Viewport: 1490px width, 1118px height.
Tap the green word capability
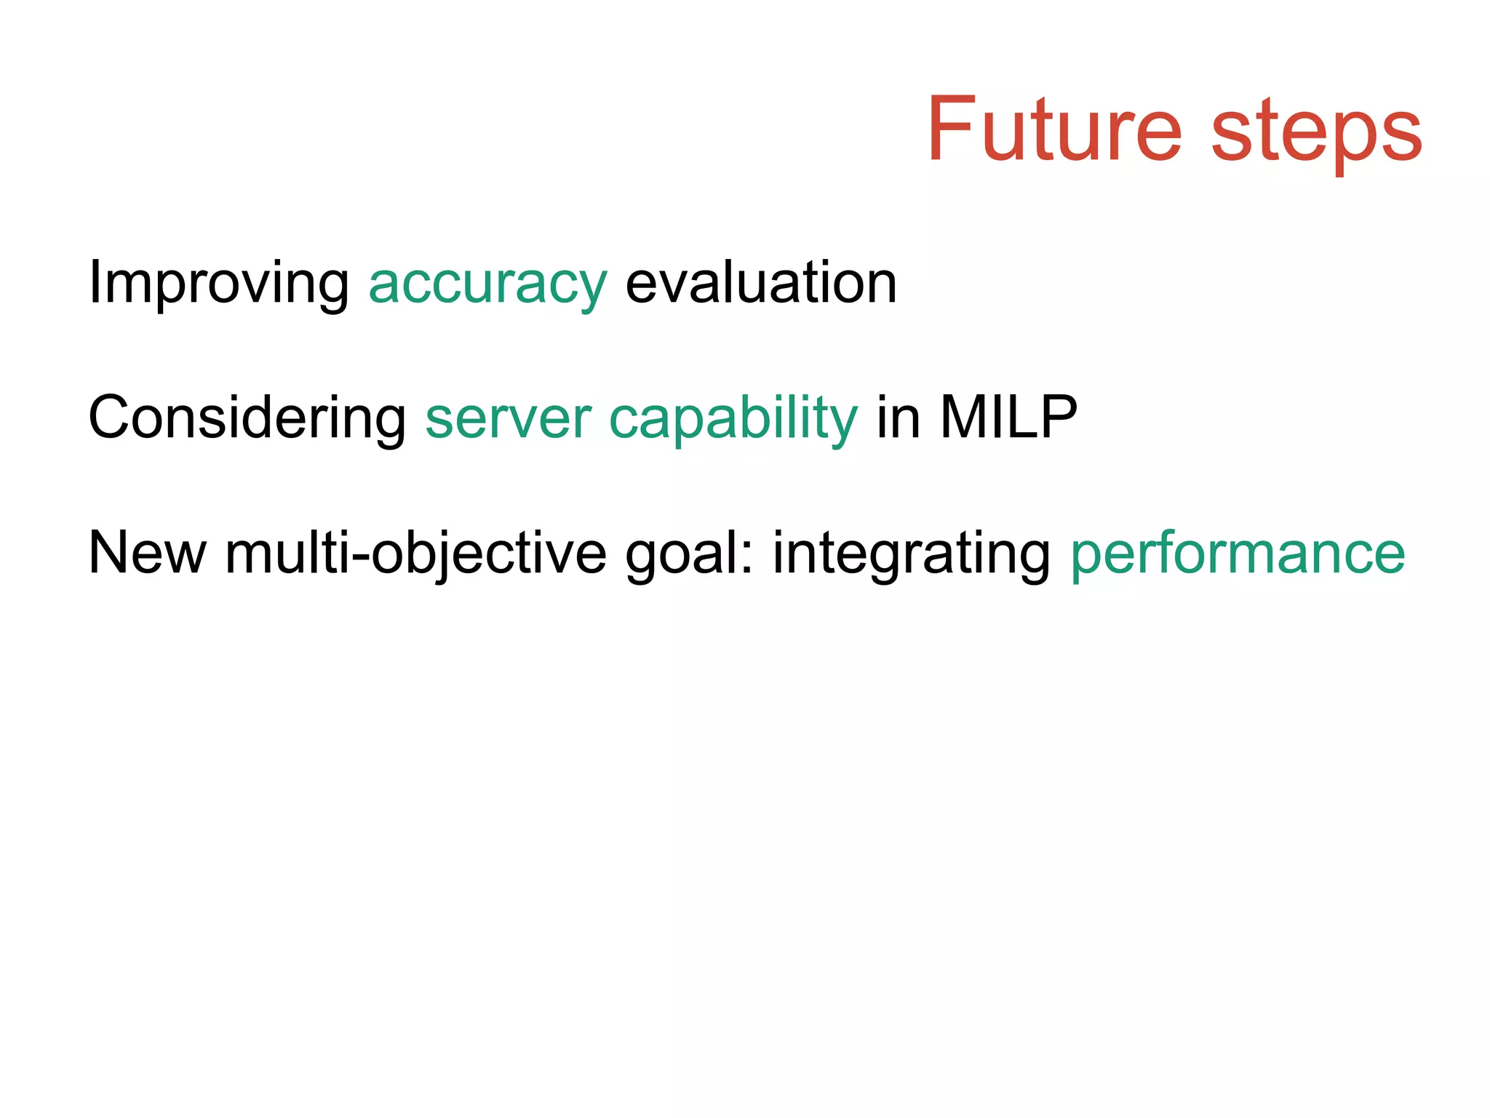coord(733,420)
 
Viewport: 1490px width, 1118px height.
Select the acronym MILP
coord(1008,418)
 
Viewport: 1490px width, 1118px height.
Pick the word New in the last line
coord(147,554)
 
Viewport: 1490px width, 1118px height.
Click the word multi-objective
coord(415,555)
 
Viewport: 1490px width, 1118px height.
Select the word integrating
coord(912,555)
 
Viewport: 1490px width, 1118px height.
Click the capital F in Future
coord(950,129)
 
